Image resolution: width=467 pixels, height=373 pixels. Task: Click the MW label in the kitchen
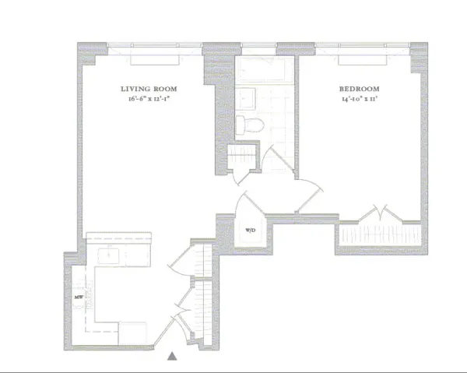tap(78, 297)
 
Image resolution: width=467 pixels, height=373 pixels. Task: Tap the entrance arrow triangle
tap(173, 356)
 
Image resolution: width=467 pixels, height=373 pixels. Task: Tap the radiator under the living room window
tap(156, 58)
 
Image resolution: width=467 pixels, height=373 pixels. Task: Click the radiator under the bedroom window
tap(366, 58)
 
